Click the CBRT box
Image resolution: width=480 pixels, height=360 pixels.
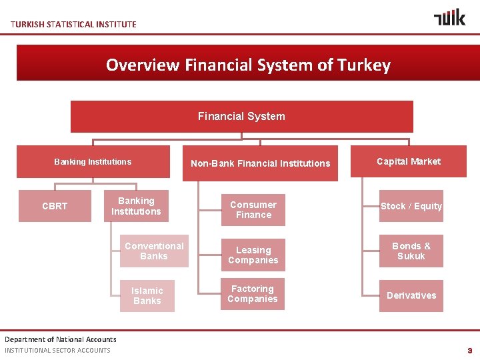(x=54, y=206)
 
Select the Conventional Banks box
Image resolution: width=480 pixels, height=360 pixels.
(x=154, y=251)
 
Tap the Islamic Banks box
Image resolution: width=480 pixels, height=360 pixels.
(x=147, y=295)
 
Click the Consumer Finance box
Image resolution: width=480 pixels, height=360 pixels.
(x=253, y=209)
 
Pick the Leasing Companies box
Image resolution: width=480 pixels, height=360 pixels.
(x=253, y=255)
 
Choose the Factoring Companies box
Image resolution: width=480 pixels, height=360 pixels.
(x=253, y=294)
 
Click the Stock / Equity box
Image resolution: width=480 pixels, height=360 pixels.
(x=411, y=206)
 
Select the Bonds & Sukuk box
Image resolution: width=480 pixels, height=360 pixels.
(x=411, y=251)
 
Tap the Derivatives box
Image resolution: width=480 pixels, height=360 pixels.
(x=411, y=295)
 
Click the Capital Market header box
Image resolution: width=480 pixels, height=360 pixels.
(x=409, y=161)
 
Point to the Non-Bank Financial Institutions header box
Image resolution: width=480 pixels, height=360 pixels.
(x=260, y=163)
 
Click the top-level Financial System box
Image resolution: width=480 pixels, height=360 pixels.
(x=241, y=117)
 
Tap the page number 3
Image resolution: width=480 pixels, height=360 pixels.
(x=469, y=351)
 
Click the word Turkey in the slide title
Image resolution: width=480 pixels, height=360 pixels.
(x=364, y=65)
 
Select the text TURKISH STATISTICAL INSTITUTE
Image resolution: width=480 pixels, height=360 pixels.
(x=73, y=25)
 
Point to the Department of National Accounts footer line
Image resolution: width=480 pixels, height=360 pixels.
(x=61, y=339)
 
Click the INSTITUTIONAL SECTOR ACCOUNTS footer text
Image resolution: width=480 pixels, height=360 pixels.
(x=57, y=351)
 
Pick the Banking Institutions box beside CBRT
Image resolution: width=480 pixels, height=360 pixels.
(x=136, y=206)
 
